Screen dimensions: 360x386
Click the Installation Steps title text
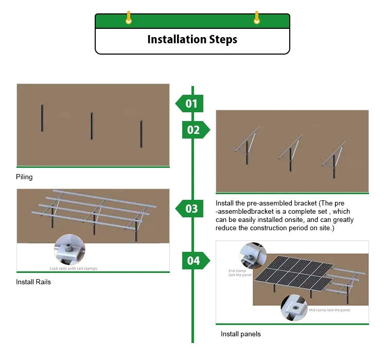192,40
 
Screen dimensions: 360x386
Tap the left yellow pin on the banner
129,18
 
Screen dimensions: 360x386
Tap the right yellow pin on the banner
256,18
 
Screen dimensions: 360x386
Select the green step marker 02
195,130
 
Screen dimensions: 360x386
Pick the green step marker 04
195,261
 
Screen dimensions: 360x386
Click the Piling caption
24,177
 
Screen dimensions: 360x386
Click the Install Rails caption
33,282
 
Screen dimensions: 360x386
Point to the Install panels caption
240,334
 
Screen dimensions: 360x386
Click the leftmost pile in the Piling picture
42,118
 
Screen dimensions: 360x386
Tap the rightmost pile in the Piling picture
141,134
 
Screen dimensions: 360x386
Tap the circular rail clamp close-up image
69,249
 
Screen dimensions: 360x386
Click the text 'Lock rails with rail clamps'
73,268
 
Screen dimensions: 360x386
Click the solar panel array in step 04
299,276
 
